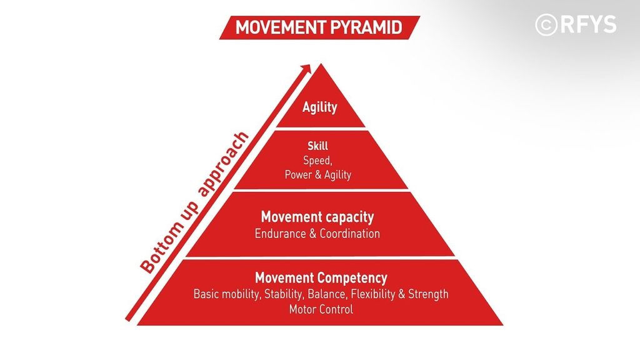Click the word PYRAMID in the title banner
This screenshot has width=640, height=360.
(x=366, y=27)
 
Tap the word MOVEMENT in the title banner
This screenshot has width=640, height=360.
(x=281, y=27)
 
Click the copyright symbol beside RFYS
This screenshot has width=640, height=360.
(x=546, y=25)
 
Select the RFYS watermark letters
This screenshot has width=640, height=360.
(x=588, y=24)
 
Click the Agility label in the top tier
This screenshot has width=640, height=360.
(x=319, y=107)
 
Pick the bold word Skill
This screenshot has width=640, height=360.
(x=317, y=146)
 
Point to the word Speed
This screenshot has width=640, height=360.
(x=317, y=161)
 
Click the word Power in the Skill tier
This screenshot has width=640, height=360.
(x=297, y=175)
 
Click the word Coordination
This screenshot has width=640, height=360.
(x=349, y=234)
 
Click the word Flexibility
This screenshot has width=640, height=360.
(x=373, y=294)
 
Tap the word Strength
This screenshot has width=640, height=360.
(x=428, y=294)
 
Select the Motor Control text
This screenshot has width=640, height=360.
(x=321, y=309)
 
